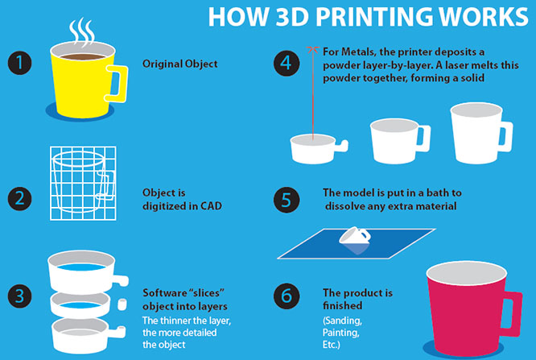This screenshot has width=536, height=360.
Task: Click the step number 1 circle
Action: pyautogui.click(x=20, y=63)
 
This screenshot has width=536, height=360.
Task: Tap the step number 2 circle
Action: pyautogui.click(x=20, y=198)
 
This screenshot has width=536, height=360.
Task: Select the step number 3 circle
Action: pyautogui.click(x=20, y=296)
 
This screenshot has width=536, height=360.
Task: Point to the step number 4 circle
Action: pyautogui.click(x=287, y=63)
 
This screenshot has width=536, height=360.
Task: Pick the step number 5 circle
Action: pyautogui.click(x=287, y=200)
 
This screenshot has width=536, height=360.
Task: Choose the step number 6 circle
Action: pyautogui.click(x=287, y=296)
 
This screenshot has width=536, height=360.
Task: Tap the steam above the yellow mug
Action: pyautogui.click(x=82, y=32)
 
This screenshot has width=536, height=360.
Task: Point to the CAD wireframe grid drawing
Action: pyautogui.click(x=83, y=183)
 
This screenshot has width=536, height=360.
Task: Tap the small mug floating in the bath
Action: pyautogui.click(x=355, y=236)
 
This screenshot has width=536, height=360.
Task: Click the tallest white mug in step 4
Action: pyautogui.click(x=480, y=133)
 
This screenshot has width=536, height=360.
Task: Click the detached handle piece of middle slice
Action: pyautogui.click(x=122, y=304)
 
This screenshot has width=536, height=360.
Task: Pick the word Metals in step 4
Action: pyautogui.click(x=358, y=52)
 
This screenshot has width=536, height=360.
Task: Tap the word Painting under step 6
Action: pyautogui.click(x=340, y=333)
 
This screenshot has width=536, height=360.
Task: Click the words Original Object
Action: pyautogui.click(x=179, y=64)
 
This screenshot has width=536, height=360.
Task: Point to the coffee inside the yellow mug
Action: pyautogui.click(x=82, y=56)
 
